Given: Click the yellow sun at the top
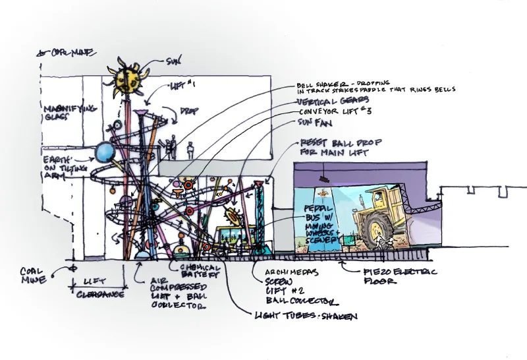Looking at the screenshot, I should coord(125,80).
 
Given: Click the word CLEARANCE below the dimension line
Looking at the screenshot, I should coord(99,294).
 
